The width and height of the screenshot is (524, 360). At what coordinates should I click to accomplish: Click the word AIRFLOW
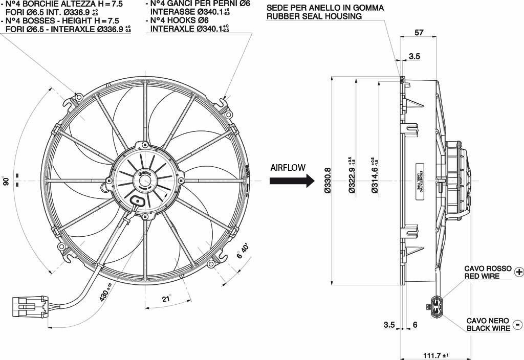pos(288,167)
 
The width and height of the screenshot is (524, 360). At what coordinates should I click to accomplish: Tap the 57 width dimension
pos(419,33)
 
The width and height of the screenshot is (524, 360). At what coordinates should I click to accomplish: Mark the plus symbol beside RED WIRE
pos(518,272)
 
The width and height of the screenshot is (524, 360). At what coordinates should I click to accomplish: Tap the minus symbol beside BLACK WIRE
pos(517,325)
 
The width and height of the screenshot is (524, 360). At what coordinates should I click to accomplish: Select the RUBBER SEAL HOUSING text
pos(314,16)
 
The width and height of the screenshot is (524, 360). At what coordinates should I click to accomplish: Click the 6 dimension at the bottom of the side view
pos(415,325)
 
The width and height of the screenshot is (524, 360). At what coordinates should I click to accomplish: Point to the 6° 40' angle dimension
pos(243,252)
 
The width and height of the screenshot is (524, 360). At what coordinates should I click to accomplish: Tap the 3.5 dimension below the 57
pos(414,57)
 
